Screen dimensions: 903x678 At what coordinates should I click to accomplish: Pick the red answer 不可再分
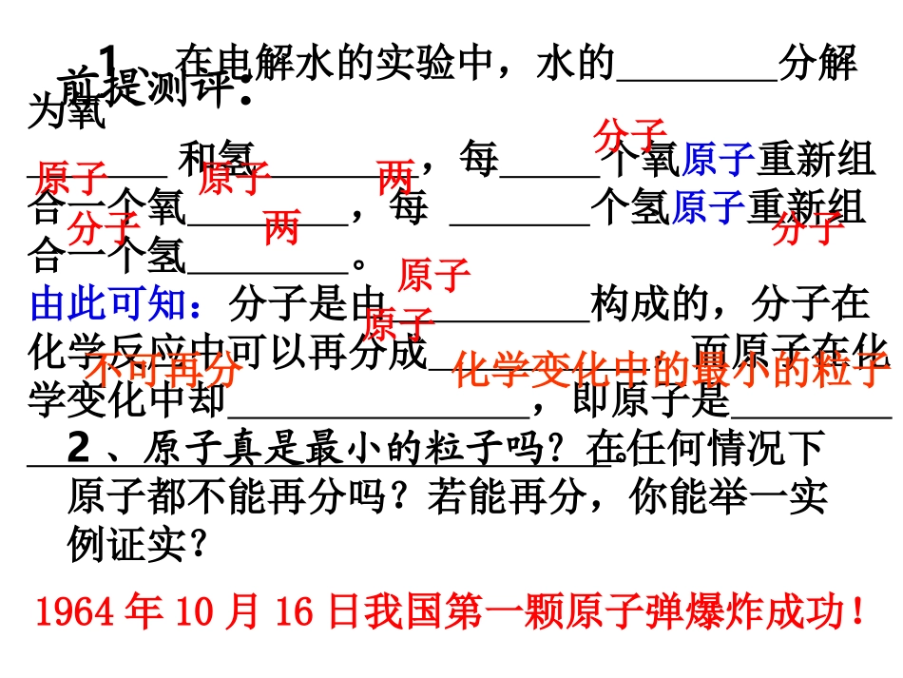[x=162, y=366]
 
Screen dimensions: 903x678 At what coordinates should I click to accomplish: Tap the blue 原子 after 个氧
[x=719, y=160]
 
